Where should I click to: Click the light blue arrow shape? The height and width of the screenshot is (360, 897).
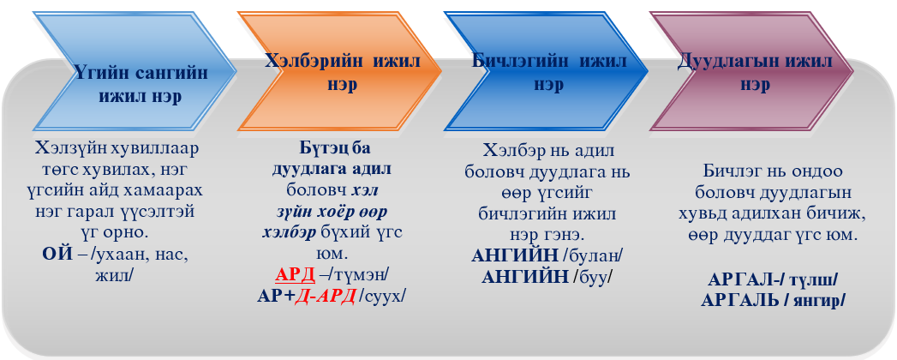135,70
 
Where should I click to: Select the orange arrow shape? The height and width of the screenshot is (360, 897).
340,70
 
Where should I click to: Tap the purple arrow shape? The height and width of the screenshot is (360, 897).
751,70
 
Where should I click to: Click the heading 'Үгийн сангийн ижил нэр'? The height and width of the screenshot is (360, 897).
141,84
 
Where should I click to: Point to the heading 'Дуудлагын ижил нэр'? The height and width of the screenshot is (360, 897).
756,72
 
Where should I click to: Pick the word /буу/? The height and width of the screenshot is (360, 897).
594,277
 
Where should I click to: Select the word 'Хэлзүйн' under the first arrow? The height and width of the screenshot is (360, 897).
68,150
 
